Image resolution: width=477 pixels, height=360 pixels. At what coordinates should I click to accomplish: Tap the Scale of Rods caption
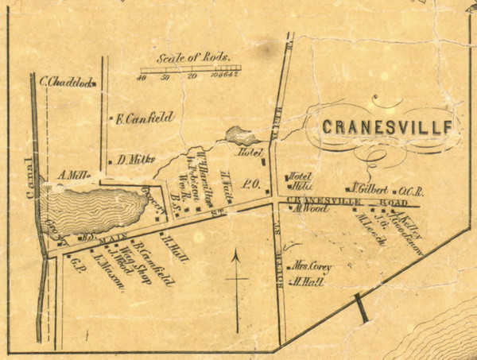click(193, 59)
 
